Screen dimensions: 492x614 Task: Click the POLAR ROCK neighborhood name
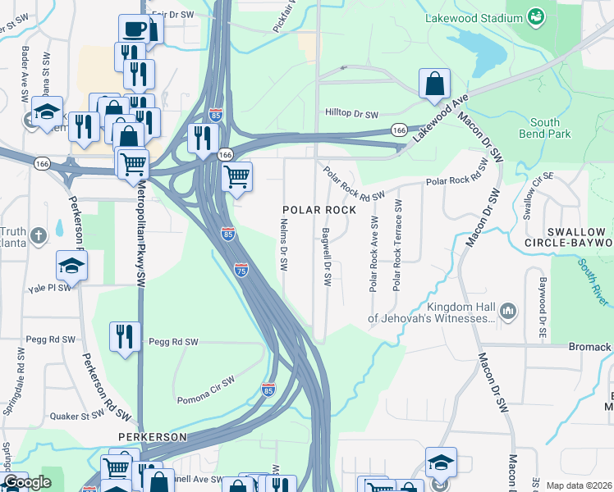pos(320,210)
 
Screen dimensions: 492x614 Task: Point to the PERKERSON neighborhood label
pos(152,437)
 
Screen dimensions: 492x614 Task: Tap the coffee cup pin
pos(134,29)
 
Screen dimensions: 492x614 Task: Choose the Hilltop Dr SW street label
pos(351,115)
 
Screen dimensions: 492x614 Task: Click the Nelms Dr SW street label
pos(283,244)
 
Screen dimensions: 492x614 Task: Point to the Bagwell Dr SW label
pos(327,257)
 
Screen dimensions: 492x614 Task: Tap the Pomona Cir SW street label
pos(205,392)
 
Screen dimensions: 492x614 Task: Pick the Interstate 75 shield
pos(241,270)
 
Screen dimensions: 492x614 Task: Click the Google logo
pos(28,482)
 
